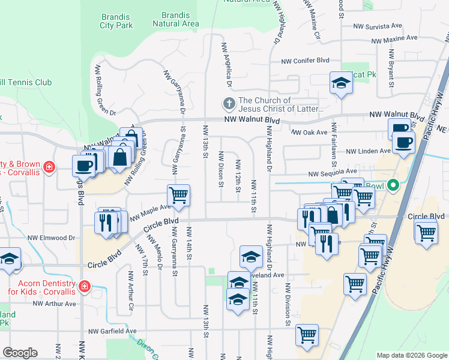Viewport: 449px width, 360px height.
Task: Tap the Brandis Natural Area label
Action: click(x=175, y=19)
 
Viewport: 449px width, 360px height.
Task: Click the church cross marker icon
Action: click(x=229, y=104)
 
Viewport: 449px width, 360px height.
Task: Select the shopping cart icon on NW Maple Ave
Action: click(x=178, y=195)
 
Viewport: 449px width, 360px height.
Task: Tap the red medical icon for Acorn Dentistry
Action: click(x=85, y=286)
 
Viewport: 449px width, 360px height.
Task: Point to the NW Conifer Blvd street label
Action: click(x=306, y=61)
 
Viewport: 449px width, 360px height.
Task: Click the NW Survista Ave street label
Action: click(x=377, y=26)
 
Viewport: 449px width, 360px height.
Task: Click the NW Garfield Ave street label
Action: click(x=112, y=331)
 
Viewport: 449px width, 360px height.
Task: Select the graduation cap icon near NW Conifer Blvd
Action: click(x=341, y=83)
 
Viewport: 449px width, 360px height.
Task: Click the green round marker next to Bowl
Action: click(x=394, y=185)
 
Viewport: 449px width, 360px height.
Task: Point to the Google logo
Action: click(x=20, y=353)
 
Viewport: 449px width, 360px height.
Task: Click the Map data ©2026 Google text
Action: click(x=411, y=355)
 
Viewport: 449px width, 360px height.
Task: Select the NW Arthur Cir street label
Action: click(x=130, y=292)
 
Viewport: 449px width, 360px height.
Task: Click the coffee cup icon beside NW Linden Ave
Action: click(x=404, y=143)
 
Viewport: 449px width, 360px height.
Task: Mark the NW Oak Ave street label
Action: click(x=309, y=133)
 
